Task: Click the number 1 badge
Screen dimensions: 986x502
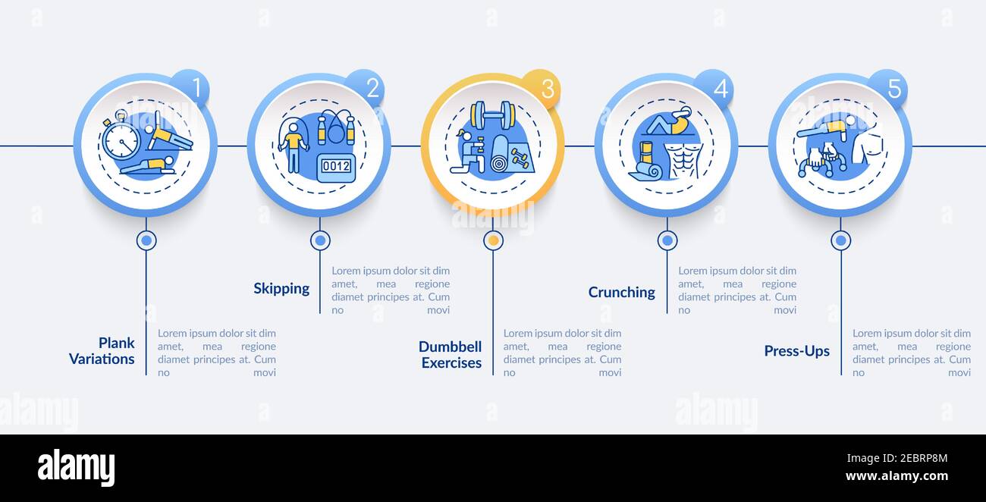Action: [x=190, y=88]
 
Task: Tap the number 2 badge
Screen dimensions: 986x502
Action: [x=365, y=88]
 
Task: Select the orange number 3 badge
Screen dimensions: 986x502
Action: [x=542, y=88]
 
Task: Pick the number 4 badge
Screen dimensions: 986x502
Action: [x=713, y=88]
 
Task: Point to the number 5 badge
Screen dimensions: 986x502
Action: [x=887, y=88]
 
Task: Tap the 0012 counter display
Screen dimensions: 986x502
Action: [x=336, y=167]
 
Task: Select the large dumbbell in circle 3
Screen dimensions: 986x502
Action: [x=493, y=116]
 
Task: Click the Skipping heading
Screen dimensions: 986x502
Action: [x=281, y=289]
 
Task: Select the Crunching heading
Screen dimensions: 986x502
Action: [x=621, y=292]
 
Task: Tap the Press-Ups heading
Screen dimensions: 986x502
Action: [x=796, y=351]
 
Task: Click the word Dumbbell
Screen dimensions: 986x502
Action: [x=450, y=347]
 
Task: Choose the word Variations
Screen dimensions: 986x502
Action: [x=102, y=359]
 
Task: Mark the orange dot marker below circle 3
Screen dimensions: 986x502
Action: [x=494, y=240]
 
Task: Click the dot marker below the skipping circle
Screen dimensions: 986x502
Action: [x=320, y=240]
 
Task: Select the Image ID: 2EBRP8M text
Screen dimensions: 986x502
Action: [x=897, y=458]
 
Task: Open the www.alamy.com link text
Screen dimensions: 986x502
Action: [x=897, y=475]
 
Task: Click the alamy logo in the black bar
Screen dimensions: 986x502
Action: [x=76, y=467]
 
